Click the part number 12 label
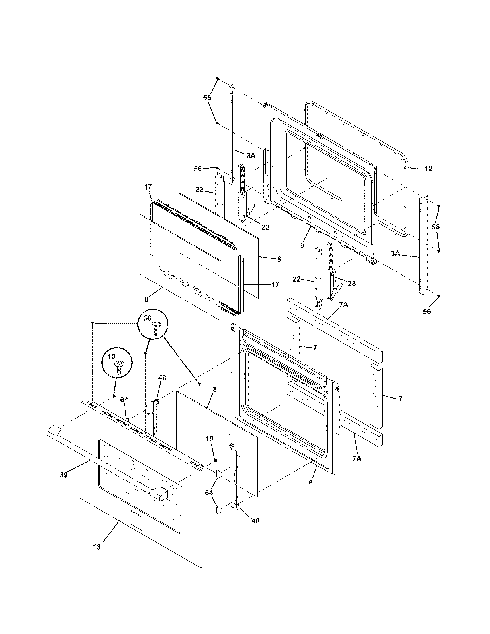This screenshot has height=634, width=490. pyautogui.click(x=428, y=169)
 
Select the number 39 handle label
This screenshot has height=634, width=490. pyautogui.click(x=64, y=475)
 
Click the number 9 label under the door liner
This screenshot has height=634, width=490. pyautogui.click(x=302, y=245)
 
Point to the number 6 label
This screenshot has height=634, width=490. pyautogui.click(x=311, y=483)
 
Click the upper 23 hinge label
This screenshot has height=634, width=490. pyautogui.click(x=265, y=227)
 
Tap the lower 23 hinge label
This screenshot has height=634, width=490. pyautogui.click(x=352, y=283)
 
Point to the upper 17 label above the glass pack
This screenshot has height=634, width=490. pyautogui.click(x=148, y=187)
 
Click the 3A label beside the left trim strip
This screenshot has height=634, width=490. pyautogui.click(x=251, y=156)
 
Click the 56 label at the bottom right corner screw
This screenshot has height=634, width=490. pyautogui.click(x=427, y=312)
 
